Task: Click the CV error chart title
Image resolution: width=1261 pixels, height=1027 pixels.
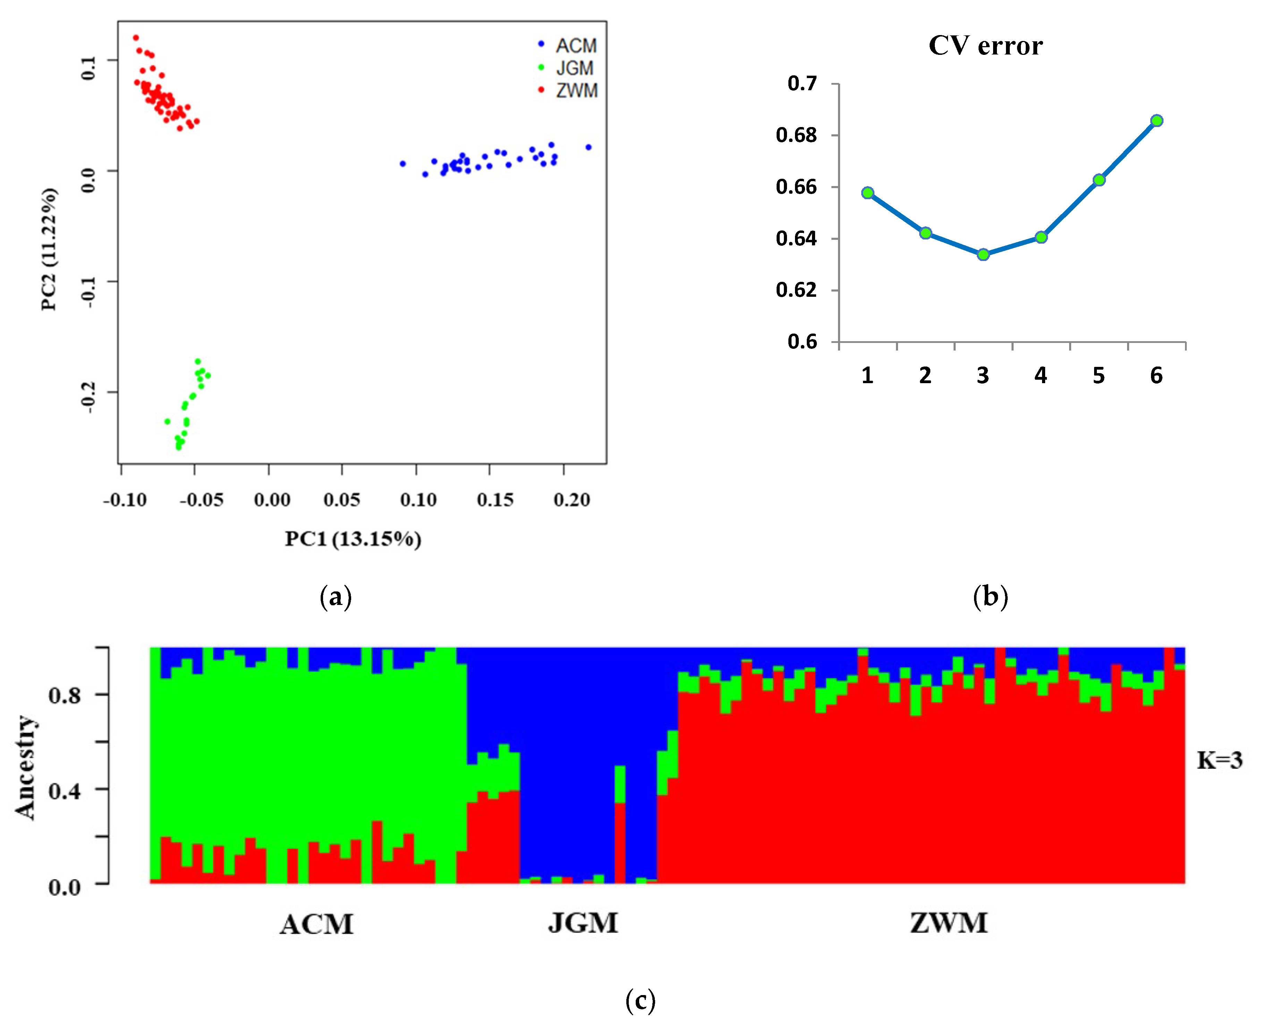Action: click(985, 45)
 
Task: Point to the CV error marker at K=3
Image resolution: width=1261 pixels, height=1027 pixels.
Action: click(983, 254)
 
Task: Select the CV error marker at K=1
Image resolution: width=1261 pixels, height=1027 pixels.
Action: click(868, 193)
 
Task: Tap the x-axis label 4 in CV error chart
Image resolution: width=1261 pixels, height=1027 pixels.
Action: click(1040, 376)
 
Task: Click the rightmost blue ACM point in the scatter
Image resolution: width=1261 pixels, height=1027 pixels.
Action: click(589, 147)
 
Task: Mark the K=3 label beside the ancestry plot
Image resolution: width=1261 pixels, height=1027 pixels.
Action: click(1220, 760)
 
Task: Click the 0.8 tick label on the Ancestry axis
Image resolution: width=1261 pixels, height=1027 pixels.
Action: click(65, 696)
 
